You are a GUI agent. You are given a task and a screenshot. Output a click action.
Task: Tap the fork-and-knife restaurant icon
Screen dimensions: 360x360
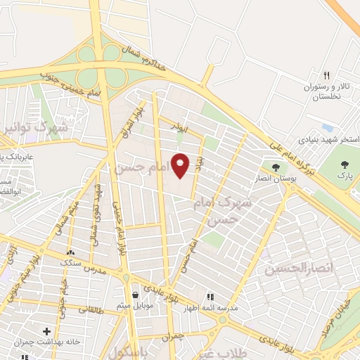coord(326,75)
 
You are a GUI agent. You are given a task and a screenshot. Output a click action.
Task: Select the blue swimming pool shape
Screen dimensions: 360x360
coord(327,127)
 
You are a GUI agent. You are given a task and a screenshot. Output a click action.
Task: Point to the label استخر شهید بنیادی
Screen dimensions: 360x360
coord(325,139)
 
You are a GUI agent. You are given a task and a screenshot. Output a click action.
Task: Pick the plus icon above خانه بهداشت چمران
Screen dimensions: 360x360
coord(47,330)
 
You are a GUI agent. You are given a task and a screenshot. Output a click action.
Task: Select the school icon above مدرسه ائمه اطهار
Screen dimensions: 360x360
coord(210,297)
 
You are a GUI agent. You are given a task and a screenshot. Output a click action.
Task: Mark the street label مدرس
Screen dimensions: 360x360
coord(94,269)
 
